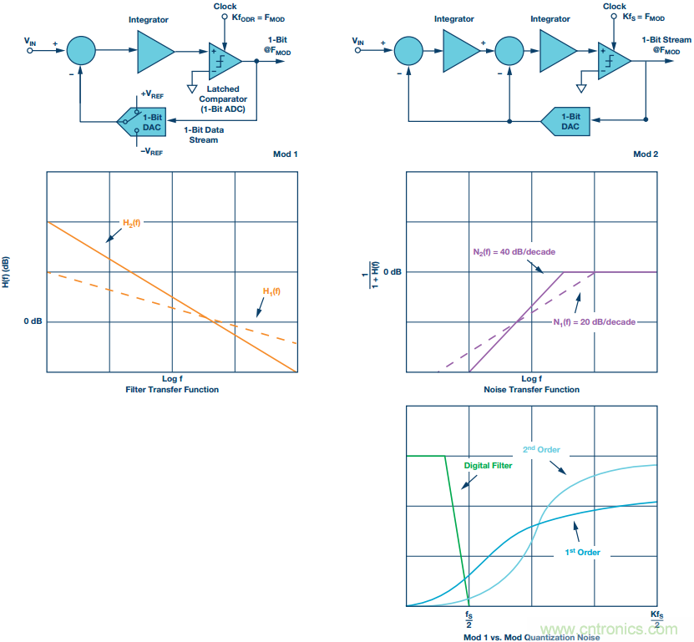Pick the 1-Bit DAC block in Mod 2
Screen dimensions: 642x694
568,122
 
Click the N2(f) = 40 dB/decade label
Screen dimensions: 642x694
509,250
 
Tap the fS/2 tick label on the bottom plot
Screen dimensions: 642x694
470,619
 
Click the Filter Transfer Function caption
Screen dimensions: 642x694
171,389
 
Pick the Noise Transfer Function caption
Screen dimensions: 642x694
531,389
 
